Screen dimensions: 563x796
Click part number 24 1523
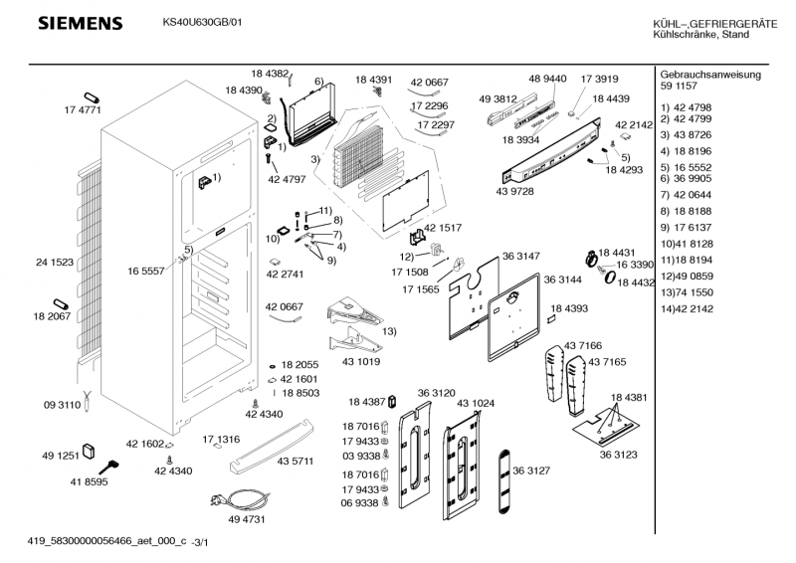[55, 263]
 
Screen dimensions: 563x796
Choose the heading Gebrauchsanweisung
[710, 75]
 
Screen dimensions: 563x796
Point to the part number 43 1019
[362, 362]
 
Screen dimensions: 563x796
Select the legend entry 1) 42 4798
[686, 104]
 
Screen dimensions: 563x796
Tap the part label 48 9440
[547, 79]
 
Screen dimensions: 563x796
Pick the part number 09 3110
[62, 405]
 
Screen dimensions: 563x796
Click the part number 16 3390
[633, 265]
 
